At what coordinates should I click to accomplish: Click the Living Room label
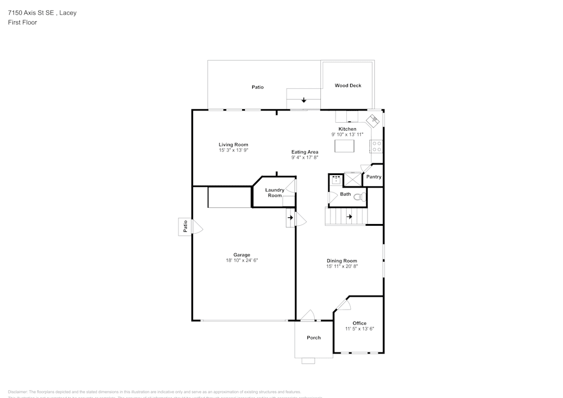tap(233, 145)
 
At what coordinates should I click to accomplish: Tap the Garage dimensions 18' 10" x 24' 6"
tap(242, 261)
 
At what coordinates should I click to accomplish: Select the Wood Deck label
tap(348, 86)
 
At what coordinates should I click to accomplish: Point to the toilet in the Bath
tap(359, 196)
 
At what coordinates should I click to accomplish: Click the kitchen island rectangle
tap(346, 146)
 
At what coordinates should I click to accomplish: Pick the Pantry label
tap(373, 177)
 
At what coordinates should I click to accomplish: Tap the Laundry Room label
tap(275, 193)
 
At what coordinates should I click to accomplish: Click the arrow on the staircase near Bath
tap(349, 216)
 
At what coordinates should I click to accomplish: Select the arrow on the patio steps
tap(304, 100)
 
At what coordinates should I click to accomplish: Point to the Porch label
tap(314, 338)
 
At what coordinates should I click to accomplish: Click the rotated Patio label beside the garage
tap(185, 226)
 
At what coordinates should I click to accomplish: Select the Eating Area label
tap(305, 152)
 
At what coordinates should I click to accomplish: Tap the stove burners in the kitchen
tap(376, 146)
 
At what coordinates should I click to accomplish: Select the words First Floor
tap(23, 23)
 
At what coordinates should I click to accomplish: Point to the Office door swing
tap(343, 305)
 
